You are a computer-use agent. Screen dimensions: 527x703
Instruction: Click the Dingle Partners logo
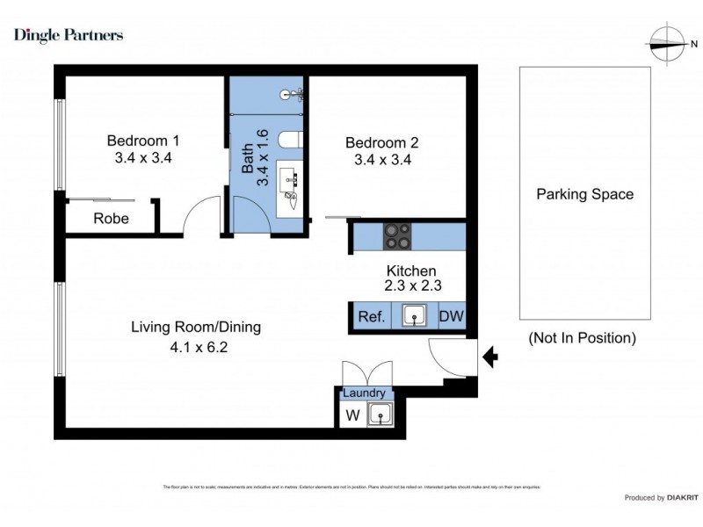(69, 35)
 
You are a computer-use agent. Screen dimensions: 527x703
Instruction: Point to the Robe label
(112, 219)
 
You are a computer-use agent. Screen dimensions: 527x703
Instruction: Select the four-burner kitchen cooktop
(397, 235)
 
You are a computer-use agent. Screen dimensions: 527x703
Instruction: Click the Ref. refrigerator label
(371, 317)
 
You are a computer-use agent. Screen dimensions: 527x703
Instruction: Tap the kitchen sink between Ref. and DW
(411, 316)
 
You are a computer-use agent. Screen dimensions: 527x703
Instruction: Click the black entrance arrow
(491, 357)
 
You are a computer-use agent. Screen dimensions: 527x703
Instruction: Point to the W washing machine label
(351, 415)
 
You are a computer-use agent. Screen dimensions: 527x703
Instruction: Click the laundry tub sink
(380, 415)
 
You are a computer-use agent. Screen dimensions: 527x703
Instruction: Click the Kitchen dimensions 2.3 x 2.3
(411, 285)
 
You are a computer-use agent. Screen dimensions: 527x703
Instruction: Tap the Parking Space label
(584, 194)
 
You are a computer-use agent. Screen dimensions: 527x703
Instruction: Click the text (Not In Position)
(583, 337)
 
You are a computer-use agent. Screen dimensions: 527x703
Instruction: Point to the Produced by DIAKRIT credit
(656, 498)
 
